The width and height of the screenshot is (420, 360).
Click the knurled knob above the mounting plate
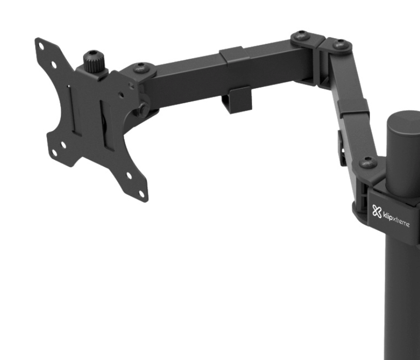click(93, 62)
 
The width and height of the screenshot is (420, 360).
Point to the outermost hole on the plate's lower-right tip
click(142, 193)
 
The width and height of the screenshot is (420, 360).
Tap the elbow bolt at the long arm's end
click(300, 37)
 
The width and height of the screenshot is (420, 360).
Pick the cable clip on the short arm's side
click(342, 148)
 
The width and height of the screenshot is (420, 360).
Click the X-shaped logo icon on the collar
click(377, 211)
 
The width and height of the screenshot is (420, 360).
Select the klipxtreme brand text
click(396, 219)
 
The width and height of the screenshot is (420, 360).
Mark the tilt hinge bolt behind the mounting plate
click(142, 108)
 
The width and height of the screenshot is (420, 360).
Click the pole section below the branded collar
click(402, 299)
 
